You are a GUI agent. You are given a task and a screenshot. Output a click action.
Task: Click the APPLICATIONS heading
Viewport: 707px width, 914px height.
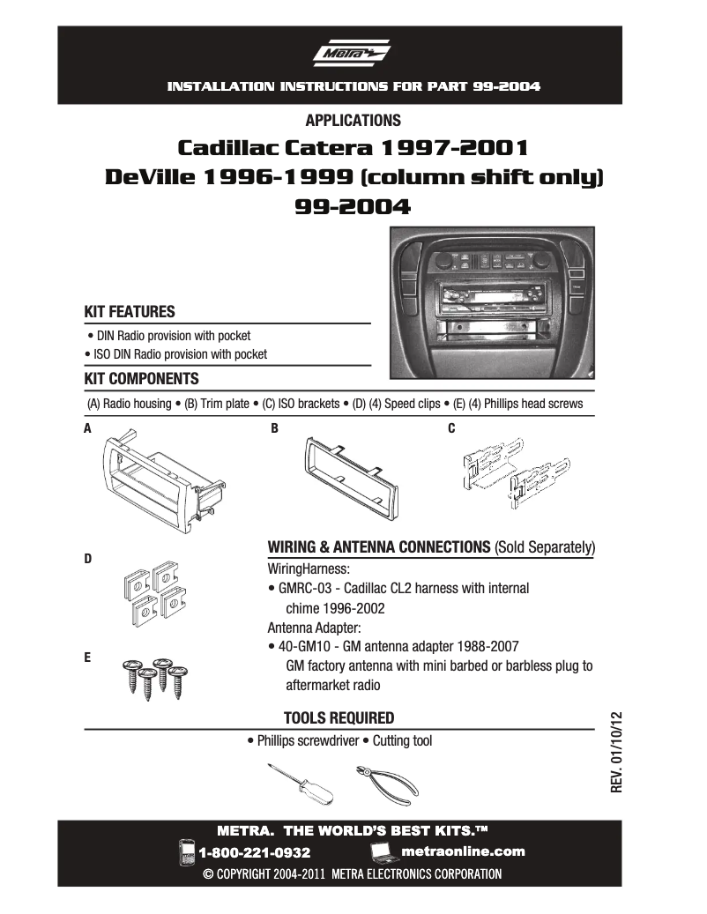pyautogui.click(x=353, y=121)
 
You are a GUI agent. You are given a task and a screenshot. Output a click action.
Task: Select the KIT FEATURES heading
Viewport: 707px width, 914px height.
pyautogui.click(x=130, y=312)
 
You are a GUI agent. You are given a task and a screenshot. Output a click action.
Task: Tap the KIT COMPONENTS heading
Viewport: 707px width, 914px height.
pyautogui.click(x=141, y=379)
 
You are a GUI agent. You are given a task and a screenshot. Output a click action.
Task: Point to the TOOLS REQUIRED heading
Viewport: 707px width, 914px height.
pyautogui.click(x=339, y=717)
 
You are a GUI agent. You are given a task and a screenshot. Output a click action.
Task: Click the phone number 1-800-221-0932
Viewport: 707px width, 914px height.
pyautogui.click(x=255, y=852)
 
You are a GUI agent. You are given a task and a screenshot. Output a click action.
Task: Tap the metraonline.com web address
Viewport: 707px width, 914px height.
pyautogui.click(x=462, y=851)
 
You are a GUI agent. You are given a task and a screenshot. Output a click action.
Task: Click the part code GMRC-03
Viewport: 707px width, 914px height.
pyautogui.click(x=305, y=588)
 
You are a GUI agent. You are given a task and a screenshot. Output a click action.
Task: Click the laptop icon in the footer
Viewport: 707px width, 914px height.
pyautogui.click(x=382, y=851)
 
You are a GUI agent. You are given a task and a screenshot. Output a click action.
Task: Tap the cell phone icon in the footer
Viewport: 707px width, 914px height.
pyautogui.click(x=187, y=851)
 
